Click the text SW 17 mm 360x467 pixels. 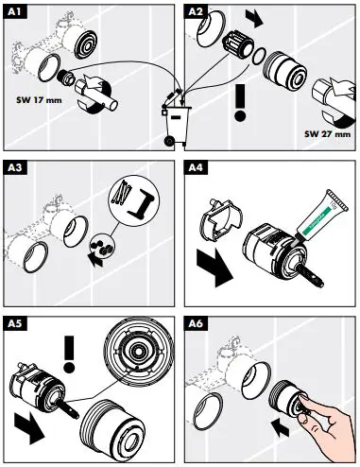pyautogui.click(x=39, y=99)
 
